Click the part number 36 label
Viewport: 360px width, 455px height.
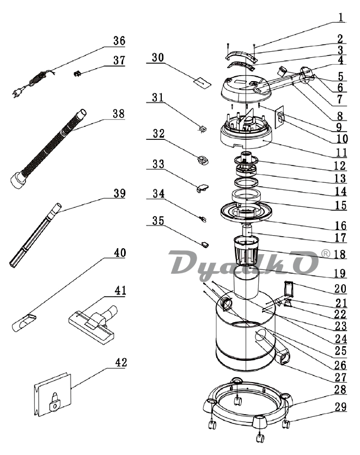tap(119, 41)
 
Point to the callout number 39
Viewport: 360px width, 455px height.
tap(119, 194)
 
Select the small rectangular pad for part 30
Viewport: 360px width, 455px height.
tap(201, 82)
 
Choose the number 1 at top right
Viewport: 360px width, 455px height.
tap(340, 17)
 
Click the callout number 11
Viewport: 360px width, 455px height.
tap(340, 152)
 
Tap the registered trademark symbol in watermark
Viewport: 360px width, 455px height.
tap(326, 254)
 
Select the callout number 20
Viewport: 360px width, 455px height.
tap(340, 288)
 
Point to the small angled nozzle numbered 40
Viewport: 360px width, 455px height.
tap(23, 323)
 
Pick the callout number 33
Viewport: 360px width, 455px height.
tap(158, 164)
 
